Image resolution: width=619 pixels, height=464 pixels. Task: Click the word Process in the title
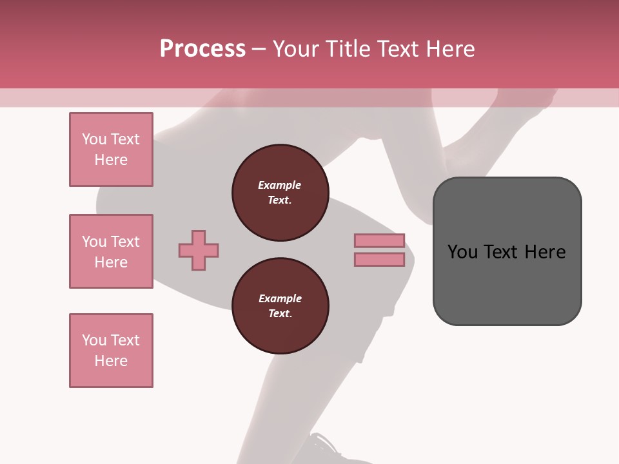202,49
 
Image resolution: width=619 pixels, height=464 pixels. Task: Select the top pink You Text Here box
111,150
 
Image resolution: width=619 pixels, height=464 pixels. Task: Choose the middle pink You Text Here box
111,251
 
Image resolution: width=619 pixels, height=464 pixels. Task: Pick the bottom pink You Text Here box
111,351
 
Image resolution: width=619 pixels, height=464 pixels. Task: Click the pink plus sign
199,250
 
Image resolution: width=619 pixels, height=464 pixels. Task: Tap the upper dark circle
280,193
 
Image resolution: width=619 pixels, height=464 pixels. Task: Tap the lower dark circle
280,306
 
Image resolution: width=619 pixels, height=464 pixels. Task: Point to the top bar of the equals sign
379,240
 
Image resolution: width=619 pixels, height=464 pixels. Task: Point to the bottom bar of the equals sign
379,260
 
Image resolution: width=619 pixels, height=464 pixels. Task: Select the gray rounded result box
507,251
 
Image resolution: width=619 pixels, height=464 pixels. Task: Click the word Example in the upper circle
280,185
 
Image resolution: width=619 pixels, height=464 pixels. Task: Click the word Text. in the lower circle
280,314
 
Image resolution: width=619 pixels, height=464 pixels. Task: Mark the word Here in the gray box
545,252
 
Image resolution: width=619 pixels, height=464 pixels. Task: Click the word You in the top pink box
94,139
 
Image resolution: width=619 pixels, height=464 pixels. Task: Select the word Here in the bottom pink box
111,361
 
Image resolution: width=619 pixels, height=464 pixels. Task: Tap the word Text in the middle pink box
125,242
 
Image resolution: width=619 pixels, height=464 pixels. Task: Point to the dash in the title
259,49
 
